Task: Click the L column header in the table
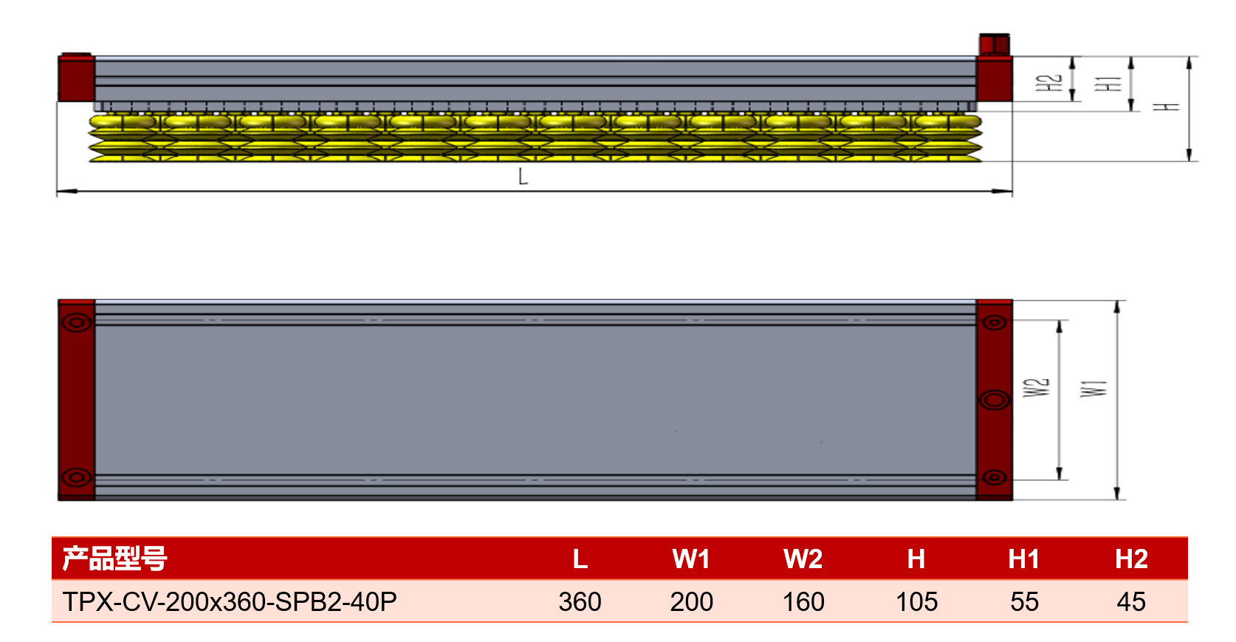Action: [580, 559]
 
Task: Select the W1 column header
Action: [691, 559]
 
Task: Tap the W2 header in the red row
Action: [803, 559]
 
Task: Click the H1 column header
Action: [1024, 559]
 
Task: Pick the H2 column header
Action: [1132, 559]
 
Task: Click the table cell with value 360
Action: [580, 601]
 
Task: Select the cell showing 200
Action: [691, 601]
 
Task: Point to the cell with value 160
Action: [803, 601]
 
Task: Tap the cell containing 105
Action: [916, 601]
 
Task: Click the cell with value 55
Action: [1025, 601]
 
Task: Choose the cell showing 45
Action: [1131, 601]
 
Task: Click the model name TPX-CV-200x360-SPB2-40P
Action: [230, 601]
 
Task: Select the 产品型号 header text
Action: [114, 559]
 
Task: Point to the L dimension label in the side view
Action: [523, 177]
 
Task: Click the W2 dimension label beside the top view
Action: [1036, 388]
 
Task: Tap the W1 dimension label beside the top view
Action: [1093, 389]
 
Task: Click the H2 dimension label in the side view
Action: [1048, 83]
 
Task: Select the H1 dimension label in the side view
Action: [1108, 83]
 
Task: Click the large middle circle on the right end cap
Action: [995, 400]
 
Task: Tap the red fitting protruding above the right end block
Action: [995, 45]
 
